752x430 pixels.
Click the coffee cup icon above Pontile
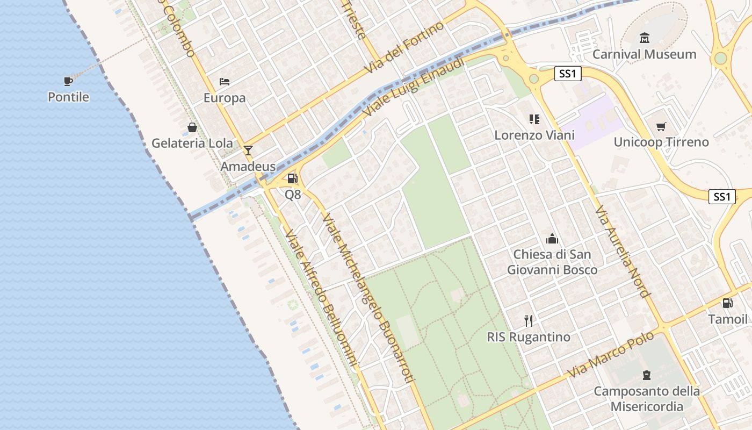coord(68,82)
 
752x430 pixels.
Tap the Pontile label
coord(68,97)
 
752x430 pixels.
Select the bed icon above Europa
coord(225,82)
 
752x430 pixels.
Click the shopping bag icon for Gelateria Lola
coord(192,128)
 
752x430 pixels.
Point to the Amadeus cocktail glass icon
coord(248,150)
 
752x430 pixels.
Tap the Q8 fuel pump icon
coord(292,178)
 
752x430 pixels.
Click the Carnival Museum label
coord(644,54)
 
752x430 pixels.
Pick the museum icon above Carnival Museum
coord(644,38)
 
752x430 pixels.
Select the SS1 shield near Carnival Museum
coord(568,74)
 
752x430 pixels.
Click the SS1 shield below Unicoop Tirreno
coord(722,197)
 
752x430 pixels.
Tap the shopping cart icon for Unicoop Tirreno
coord(661,127)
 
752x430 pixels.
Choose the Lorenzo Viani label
coord(534,135)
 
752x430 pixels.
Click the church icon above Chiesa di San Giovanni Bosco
coord(552,239)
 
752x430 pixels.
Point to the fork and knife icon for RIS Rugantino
coord(529,321)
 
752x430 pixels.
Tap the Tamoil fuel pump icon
coord(727,303)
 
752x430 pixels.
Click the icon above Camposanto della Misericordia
coord(647,375)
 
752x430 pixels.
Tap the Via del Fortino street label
coord(404,48)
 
